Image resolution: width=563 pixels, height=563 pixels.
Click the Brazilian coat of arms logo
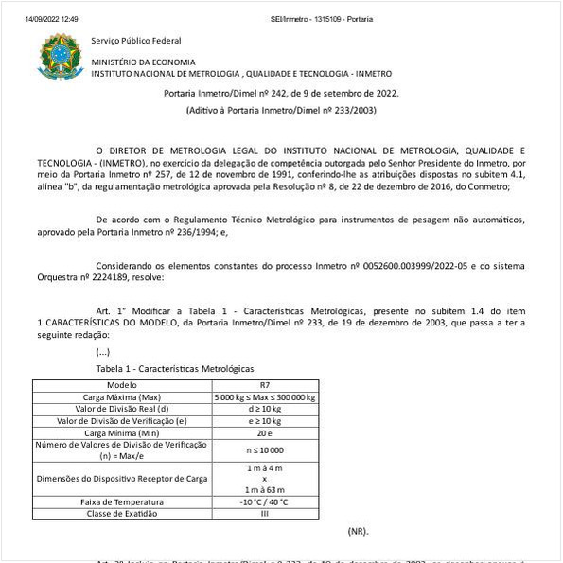pos(61,58)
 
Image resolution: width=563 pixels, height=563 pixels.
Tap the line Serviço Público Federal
pos(136,41)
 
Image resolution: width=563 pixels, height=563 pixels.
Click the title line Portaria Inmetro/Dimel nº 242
pos(281,93)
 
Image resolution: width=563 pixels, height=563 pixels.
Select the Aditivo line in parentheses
pos(281,111)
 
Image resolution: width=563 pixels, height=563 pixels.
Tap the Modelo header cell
pos(122,385)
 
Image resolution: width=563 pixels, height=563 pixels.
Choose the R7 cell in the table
pos(264,385)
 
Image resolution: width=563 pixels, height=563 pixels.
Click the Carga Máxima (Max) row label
pos(122,397)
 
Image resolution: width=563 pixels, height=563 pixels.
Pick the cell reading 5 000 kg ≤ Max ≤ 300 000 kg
pos(264,397)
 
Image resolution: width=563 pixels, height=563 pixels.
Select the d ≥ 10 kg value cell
pos(264,409)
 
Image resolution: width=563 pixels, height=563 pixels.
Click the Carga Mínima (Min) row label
pos(122,431)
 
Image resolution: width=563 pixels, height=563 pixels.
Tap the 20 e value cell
pos(264,431)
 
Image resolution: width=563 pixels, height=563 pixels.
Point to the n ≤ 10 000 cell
pos(264,449)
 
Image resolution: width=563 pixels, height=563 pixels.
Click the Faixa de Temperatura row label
pos(122,501)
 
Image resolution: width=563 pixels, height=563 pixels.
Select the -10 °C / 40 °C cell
pos(264,501)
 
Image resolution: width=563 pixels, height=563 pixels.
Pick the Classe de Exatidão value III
pos(264,513)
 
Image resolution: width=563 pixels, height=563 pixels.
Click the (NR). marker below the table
pos(359,532)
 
